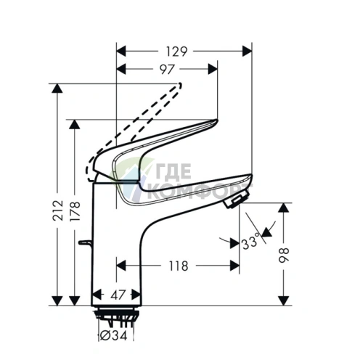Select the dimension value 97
coord(167,68)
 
